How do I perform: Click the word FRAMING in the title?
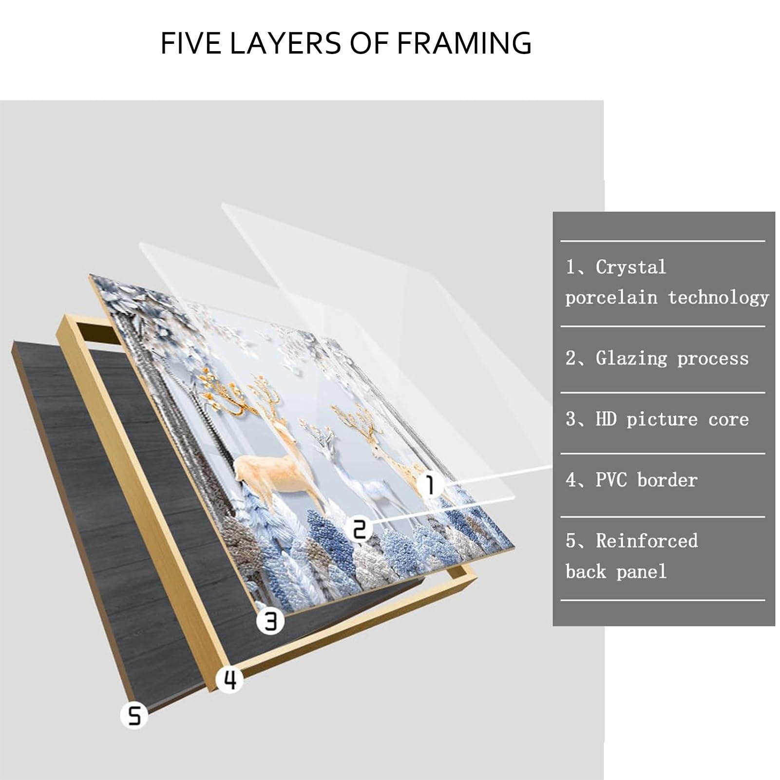click(x=464, y=43)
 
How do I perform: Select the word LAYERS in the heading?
click(x=285, y=43)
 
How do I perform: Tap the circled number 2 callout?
click(x=359, y=529)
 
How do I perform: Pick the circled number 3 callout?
click(x=270, y=621)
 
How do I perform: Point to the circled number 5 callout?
click(x=134, y=716)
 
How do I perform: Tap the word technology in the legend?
click(x=718, y=298)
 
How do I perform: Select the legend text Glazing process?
click(x=672, y=359)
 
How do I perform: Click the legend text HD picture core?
click(x=672, y=419)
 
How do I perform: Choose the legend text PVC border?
click(x=647, y=480)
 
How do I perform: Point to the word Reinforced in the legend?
click(x=647, y=541)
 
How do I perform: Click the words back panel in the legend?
click(x=616, y=571)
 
